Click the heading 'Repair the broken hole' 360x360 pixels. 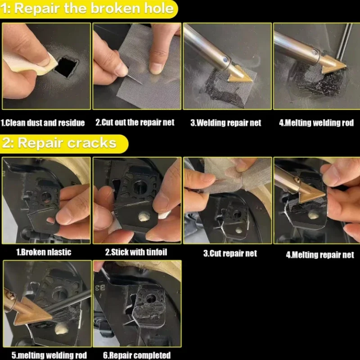(94, 9)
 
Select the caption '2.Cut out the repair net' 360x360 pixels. (135, 122)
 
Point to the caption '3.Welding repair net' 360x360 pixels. (226, 123)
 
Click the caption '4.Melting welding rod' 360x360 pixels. (316, 123)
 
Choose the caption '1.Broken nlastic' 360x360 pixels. (44, 252)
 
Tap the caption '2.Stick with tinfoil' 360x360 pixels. (136, 252)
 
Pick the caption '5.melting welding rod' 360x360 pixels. (49, 355)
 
